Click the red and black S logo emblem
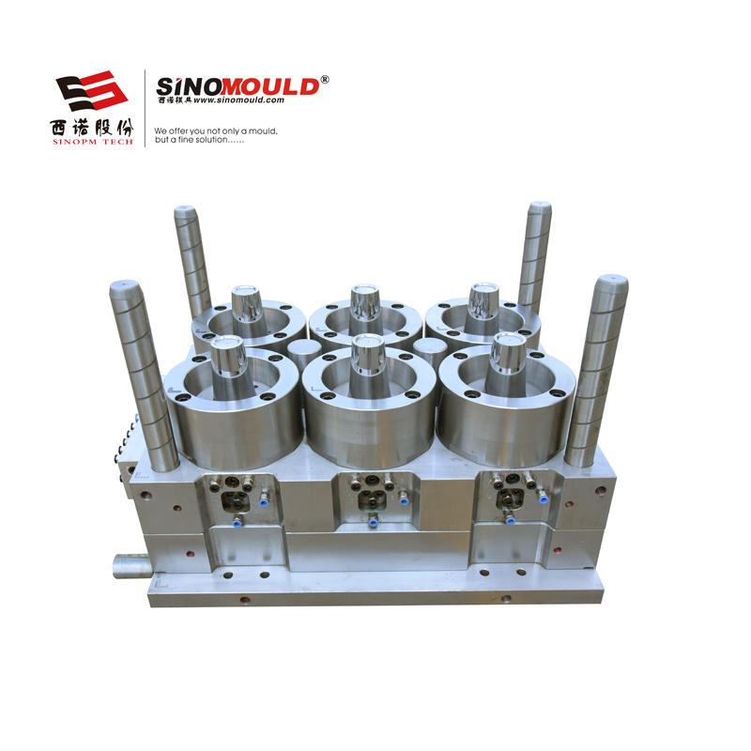point(91,91)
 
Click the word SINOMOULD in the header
point(238,86)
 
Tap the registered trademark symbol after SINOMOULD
point(325,80)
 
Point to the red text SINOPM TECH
point(92,142)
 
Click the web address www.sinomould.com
point(238,100)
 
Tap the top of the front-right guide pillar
point(612,280)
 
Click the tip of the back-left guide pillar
point(185,209)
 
